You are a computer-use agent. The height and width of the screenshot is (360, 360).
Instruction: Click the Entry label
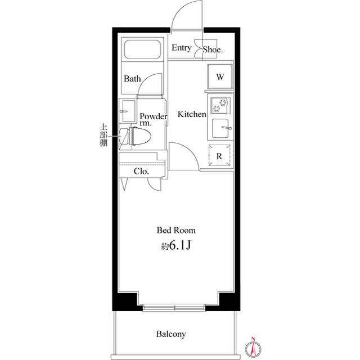[x=181, y=48]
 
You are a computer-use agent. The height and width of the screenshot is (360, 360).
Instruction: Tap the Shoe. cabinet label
[x=213, y=49]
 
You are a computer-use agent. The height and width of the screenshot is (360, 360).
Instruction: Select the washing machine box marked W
[x=220, y=77]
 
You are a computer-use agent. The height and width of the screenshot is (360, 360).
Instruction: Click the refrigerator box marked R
[x=220, y=156]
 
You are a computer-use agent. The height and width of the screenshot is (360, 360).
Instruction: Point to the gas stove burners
[x=220, y=105]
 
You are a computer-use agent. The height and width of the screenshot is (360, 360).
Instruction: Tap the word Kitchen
[x=192, y=114]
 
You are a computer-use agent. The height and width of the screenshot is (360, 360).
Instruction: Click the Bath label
[x=132, y=79]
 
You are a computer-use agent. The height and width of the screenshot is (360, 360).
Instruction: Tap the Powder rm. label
[x=153, y=119]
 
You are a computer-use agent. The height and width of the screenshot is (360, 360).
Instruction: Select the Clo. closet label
[x=141, y=172]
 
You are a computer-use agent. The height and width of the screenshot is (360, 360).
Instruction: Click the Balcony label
[x=170, y=334]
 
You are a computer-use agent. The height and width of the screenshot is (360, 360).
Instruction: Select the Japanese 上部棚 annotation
[x=103, y=136]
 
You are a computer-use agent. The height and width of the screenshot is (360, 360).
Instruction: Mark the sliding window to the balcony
[x=174, y=308]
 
